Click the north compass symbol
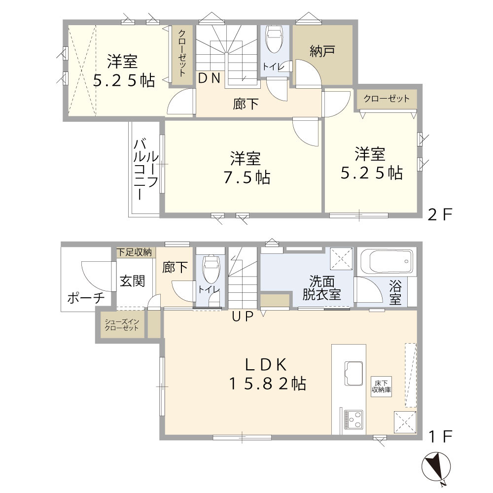436,467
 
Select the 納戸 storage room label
323,51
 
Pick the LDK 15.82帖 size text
267,384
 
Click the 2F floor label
440,215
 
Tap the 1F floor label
440,436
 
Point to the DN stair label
210,77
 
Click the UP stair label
242,317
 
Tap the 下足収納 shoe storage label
134,252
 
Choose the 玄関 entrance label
132,282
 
